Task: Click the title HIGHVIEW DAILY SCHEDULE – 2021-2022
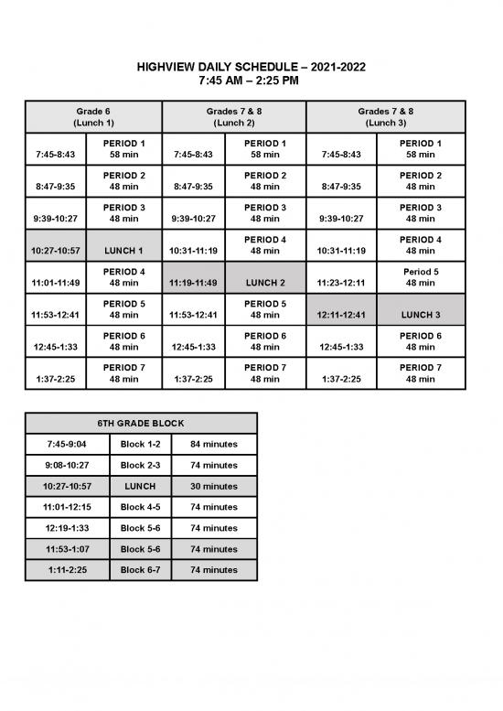[251, 68]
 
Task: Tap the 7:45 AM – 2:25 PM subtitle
[251, 81]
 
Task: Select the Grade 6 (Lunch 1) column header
[94, 116]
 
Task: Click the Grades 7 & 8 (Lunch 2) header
[234, 116]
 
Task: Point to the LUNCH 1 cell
[123, 250]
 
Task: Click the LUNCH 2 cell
[265, 283]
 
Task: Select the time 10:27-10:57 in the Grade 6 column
[56, 250]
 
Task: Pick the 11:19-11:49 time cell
[193, 283]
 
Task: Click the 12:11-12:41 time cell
[341, 315]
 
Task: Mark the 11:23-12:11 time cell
[341, 283]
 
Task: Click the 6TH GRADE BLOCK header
[141, 424]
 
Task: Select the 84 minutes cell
[214, 444]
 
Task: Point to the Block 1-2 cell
[141, 444]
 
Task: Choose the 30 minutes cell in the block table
[214, 486]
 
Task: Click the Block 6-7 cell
[141, 569]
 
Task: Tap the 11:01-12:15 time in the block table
[69, 507]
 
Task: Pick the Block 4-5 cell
[141, 507]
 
